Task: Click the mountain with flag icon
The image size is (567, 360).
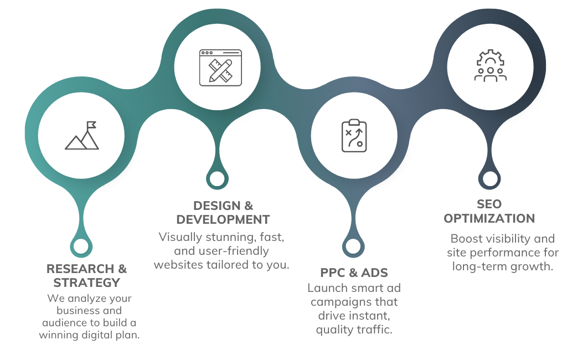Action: coord(82,136)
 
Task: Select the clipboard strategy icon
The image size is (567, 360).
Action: coord(353,136)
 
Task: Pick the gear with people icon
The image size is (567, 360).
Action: coord(490,66)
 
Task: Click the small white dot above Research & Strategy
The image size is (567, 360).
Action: coord(81,246)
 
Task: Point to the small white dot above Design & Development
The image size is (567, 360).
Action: coord(217,178)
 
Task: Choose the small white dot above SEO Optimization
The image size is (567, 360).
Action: coord(489,178)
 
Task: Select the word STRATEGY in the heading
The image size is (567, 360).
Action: coord(87,283)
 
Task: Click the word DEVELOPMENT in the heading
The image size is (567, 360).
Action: coord(223,219)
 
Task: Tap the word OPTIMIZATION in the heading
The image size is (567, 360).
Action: coord(489,218)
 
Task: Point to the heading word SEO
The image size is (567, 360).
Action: coord(489,204)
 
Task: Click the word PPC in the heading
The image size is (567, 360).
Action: coord(333,273)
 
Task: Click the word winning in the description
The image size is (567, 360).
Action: coord(58,335)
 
